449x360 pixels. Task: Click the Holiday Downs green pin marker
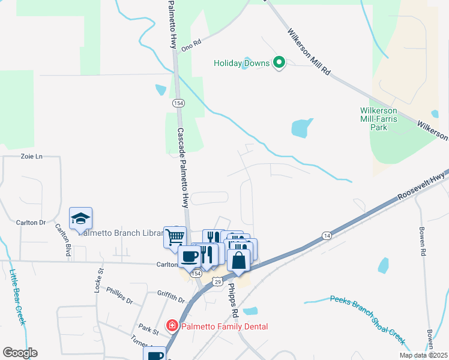pyautogui.click(x=279, y=62)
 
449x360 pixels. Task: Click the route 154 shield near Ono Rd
pyautogui.click(x=178, y=103)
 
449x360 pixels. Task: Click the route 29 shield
pyautogui.click(x=217, y=281)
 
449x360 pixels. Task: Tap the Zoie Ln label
pyautogui.click(x=32, y=157)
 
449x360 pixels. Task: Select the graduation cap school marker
pyautogui.click(x=80, y=219)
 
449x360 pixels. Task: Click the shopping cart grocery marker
pyautogui.click(x=175, y=236)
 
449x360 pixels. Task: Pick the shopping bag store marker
pyautogui.click(x=238, y=261)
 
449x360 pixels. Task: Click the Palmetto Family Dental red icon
pyautogui.click(x=172, y=326)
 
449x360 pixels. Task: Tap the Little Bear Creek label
pyautogui.click(x=17, y=296)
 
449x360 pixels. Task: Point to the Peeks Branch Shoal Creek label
pyautogui.click(x=367, y=319)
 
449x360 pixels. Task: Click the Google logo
pyautogui.click(x=20, y=353)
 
